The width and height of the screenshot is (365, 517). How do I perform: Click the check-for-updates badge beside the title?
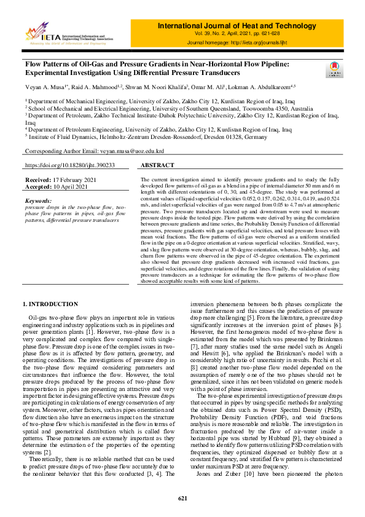[334, 69]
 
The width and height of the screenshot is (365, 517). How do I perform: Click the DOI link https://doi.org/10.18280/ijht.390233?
[69, 165]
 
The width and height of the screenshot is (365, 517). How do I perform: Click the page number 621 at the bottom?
[182, 498]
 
